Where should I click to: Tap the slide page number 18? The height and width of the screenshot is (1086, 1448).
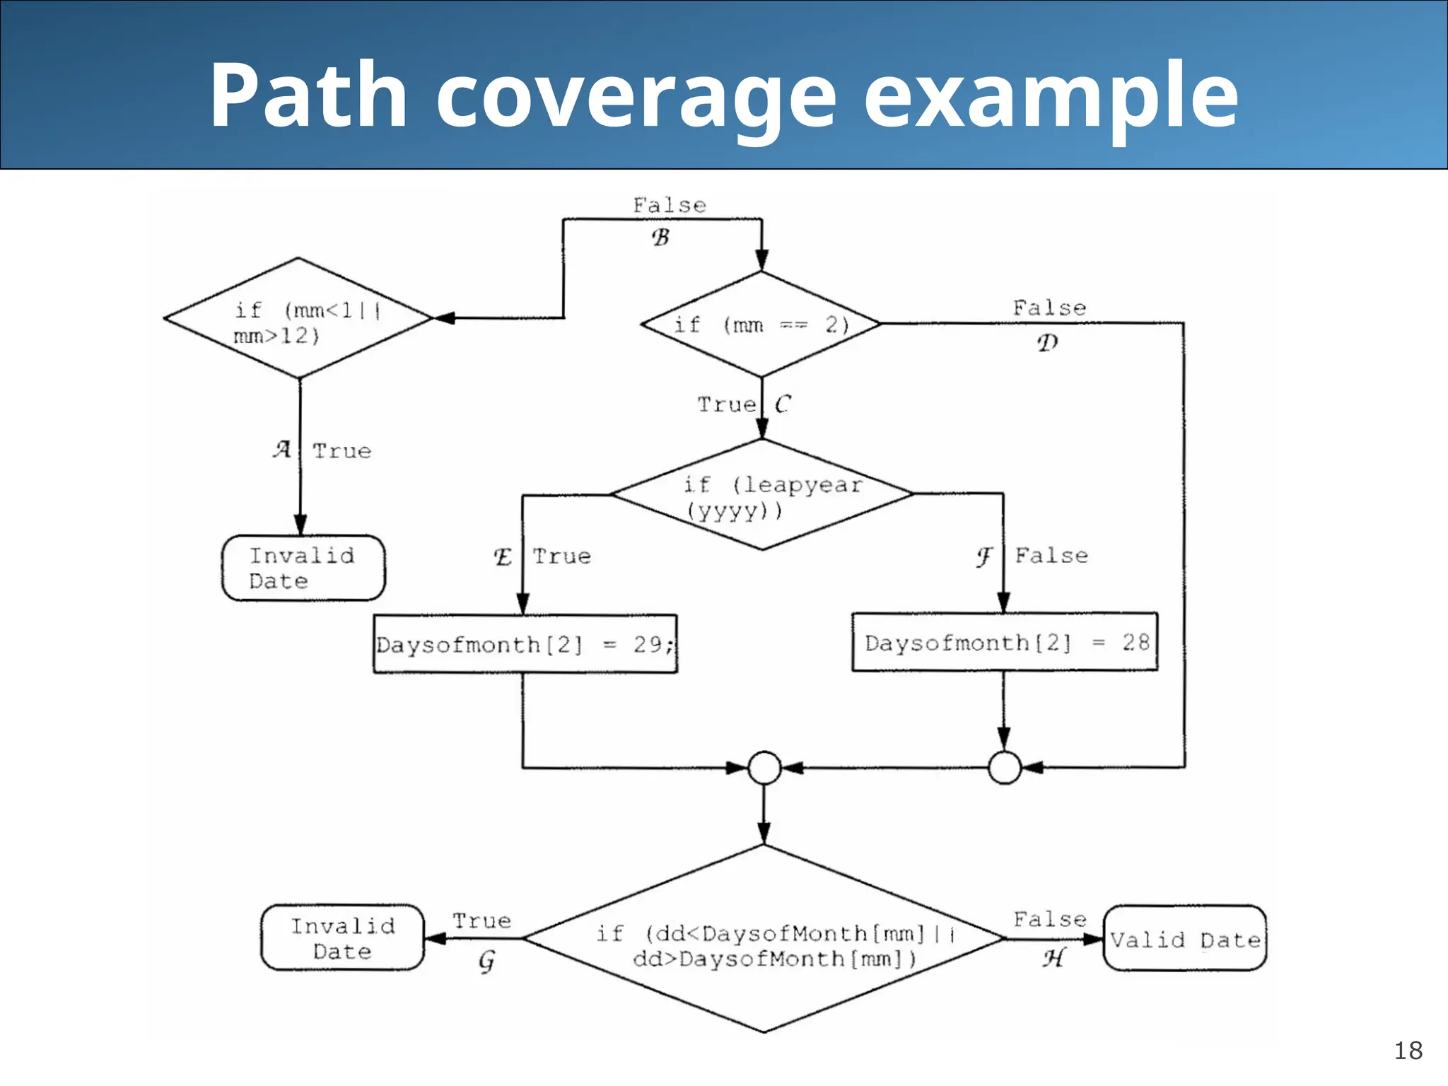click(1408, 1051)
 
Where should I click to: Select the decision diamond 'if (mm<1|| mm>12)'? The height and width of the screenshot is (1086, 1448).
click(298, 319)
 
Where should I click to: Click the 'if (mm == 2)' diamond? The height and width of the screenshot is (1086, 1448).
click(761, 325)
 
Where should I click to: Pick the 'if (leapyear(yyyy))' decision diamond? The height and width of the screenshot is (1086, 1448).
click(762, 495)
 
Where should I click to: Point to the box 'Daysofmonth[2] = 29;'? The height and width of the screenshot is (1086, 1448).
click(525, 644)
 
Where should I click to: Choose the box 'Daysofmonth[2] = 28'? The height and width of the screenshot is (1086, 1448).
click(1005, 642)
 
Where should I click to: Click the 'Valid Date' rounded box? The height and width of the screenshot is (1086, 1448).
click(1184, 939)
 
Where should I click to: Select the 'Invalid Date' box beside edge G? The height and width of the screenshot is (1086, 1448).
click(343, 938)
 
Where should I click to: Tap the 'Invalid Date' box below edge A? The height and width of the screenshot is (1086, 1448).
click(303, 568)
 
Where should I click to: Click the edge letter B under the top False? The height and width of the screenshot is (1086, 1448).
click(660, 238)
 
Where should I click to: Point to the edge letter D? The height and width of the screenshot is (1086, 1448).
click(1047, 343)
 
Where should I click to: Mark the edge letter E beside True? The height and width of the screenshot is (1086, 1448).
click(503, 557)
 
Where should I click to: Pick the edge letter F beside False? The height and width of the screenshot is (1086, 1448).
click(984, 557)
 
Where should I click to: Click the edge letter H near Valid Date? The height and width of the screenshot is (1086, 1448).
click(1053, 959)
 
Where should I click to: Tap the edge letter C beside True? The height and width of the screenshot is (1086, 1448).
click(782, 404)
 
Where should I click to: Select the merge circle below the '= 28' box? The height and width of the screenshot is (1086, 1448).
click(1004, 768)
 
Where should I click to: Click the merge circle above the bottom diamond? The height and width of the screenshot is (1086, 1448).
click(764, 768)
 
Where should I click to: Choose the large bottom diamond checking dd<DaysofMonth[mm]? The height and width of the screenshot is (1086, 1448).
click(764, 940)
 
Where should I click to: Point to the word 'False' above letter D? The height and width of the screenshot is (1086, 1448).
click(1049, 308)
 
